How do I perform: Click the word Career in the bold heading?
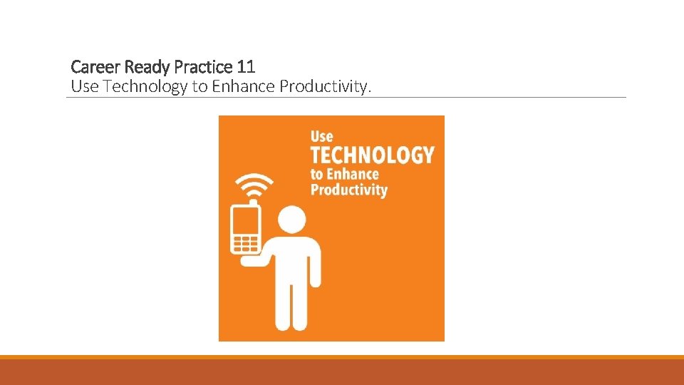96,67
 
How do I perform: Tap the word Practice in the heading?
204,67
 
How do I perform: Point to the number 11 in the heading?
246,67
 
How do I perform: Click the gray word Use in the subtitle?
83,87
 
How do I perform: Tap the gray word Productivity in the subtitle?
325,87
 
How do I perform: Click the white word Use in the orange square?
321,136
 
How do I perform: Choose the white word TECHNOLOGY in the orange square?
372,155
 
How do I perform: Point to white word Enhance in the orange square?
353,174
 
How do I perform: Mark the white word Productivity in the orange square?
348,190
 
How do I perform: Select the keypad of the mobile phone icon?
245,243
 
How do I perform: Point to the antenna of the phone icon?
252,204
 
